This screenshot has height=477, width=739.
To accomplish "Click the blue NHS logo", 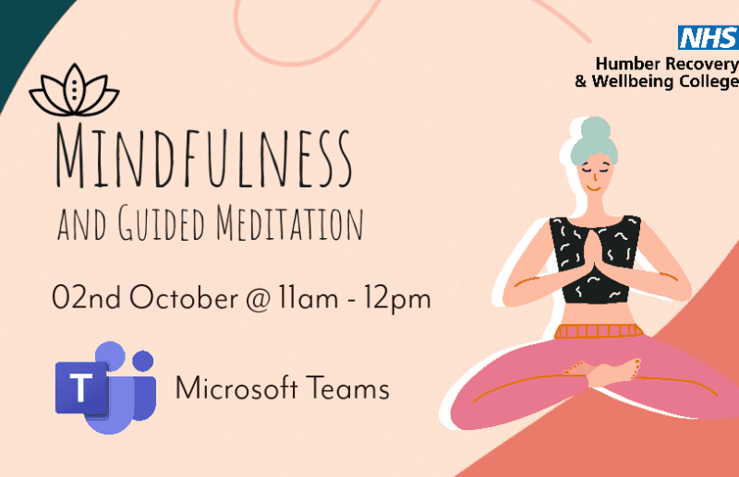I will pos(709,37).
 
